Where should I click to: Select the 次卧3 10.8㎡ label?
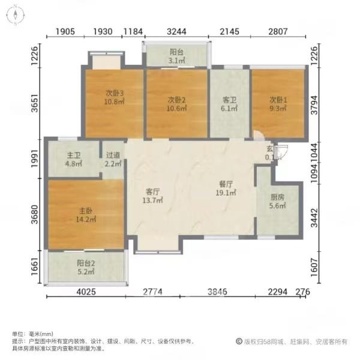(115, 97)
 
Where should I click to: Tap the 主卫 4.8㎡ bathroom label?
(74, 159)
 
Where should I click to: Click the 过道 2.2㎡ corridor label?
(113, 159)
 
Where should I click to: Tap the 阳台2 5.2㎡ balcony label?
(86, 266)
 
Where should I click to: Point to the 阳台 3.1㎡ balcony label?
(176, 56)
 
